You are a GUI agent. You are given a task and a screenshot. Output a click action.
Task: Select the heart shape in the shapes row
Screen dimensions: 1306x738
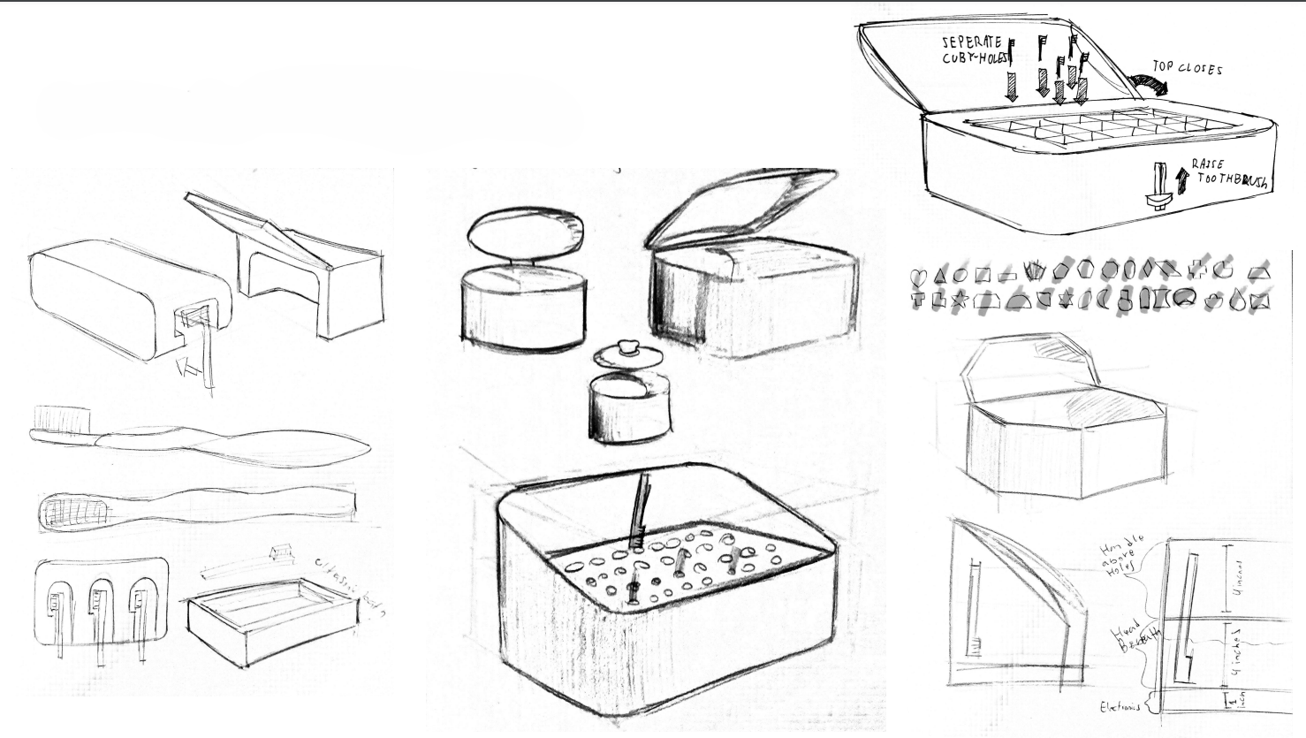coord(918,276)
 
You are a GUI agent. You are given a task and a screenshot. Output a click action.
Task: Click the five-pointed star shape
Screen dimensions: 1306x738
coord(959,301)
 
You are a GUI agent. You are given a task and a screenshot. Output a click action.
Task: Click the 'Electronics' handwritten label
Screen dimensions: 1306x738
coord(1118,707)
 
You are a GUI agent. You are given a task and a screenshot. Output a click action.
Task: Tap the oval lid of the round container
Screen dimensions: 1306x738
coord(525,232)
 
